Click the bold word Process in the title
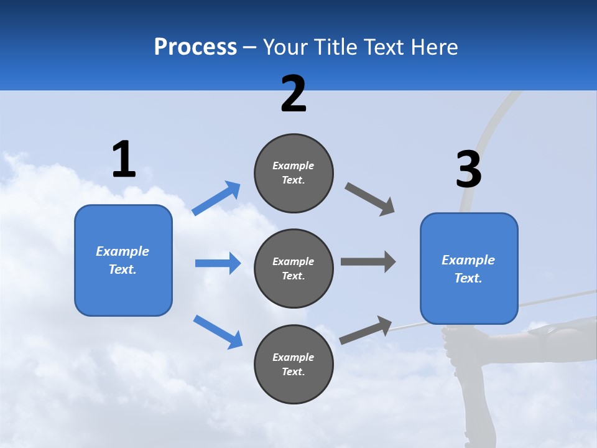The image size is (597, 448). (x=195, y=47)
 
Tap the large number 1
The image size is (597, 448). (x=124, y=159)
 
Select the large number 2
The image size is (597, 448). (x=294, y=94)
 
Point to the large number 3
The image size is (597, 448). (x=468, y=170)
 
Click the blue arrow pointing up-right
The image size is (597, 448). (x=216, y=198)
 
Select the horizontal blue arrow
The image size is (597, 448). (x=218, y=263)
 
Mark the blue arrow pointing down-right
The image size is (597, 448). (x=218, y=332)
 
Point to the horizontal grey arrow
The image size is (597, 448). (x=368, y=262)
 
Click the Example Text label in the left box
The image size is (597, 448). (x=123, y=260)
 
